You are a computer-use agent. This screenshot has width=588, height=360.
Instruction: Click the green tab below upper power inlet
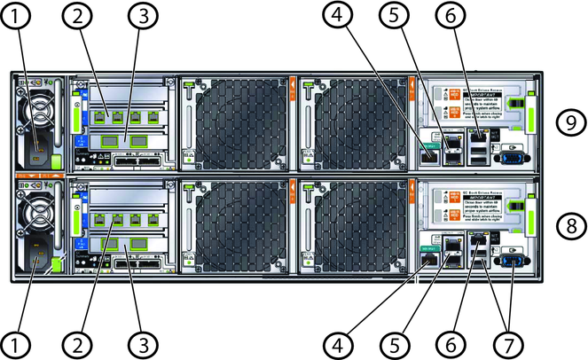[x=55, y=160]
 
